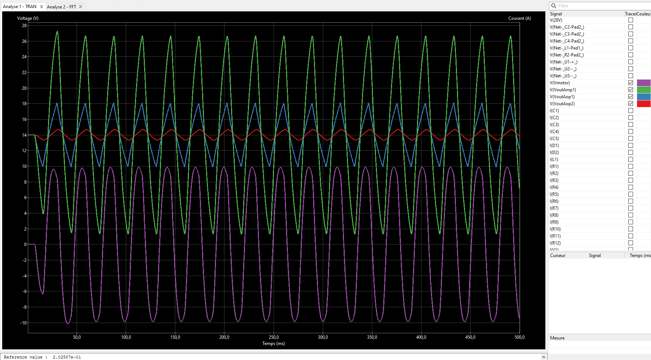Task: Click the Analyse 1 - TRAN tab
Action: pos(20,7)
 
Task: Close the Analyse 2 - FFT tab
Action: pos(81,7)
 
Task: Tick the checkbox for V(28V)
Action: pos(630,20)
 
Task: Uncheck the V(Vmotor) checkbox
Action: pos(630,83)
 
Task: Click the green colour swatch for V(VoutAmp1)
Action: pos(644,90)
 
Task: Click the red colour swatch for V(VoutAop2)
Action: pos(644,104)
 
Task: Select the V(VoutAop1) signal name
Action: pos(562,97)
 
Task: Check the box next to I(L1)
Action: pos(630,159)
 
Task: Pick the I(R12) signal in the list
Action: pos(555,243)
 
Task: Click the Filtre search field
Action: pos(601,6)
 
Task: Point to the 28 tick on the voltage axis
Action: pos(24,26)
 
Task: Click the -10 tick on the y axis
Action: pos(24,323)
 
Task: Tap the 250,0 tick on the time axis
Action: pos(274,337)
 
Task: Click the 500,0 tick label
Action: pos(519,337)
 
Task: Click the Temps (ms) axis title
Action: pos(274,344)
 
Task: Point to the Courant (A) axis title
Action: pos(519,18)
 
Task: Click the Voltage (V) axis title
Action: pos(28,18)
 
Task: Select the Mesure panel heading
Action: pos(557,338)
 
